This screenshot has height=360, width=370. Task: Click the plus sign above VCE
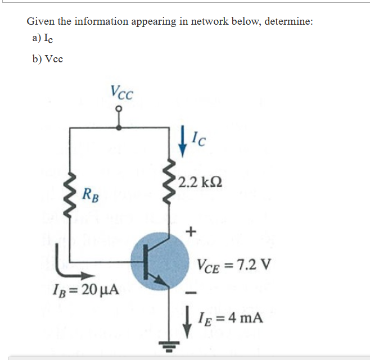(x=192, y=230)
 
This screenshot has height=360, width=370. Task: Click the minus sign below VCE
(x=192, y=292)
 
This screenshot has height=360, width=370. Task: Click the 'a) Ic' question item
(x=43, y=38)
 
